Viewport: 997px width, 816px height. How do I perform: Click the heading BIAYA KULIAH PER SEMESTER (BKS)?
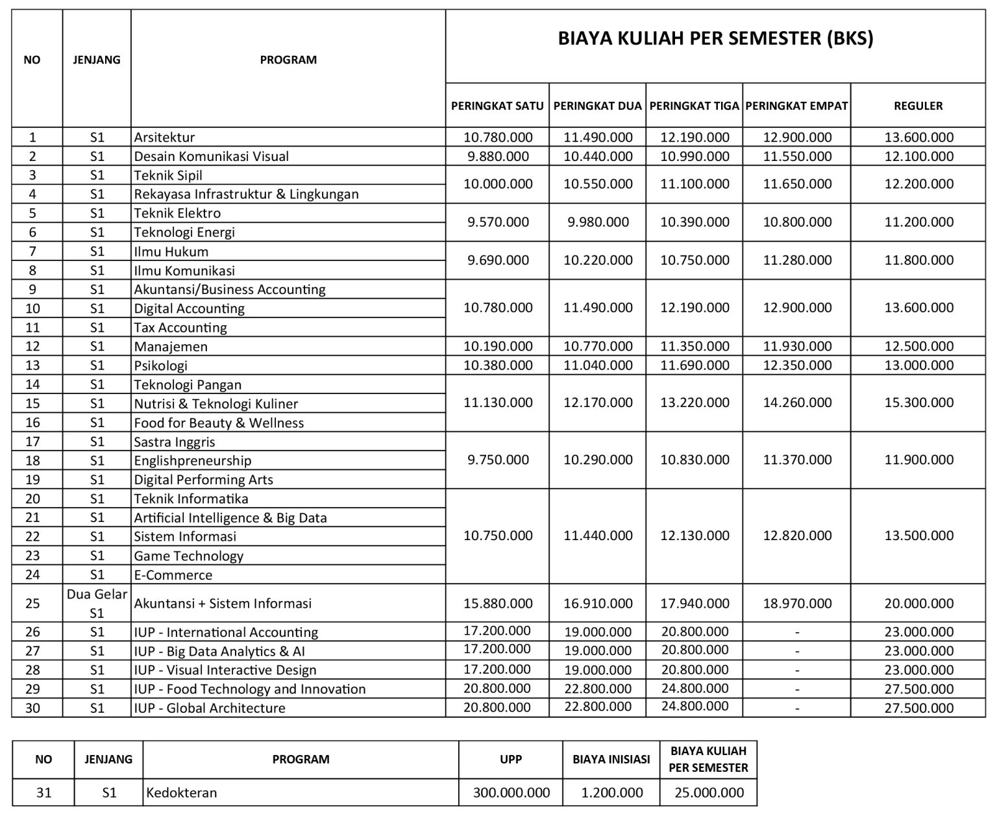coord(715,39)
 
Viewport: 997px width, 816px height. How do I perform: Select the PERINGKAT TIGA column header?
coord(694,106)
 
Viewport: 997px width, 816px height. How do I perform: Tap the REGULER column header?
coord(918,106)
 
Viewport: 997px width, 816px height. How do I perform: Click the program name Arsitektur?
coord(164,138)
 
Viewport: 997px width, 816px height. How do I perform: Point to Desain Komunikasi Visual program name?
coord(211,156)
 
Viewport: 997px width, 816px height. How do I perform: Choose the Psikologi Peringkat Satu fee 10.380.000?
coord(498,365)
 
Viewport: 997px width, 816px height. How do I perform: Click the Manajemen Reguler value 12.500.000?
coord(918,347)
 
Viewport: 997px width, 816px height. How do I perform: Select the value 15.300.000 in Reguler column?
coord(918,402)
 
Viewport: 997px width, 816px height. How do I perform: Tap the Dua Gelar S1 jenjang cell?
coord(97,603)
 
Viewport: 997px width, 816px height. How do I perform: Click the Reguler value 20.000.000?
coord(918,604)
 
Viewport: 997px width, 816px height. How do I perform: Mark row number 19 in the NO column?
coord(32,480)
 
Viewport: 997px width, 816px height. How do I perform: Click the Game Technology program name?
coord(188,556)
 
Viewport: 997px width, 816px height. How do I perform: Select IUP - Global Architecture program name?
coord(209,708)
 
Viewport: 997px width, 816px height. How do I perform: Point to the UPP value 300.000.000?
coord(511,793)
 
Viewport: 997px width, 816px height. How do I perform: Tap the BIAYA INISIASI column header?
coord(611,760)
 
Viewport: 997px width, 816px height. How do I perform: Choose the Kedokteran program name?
coord(181,793)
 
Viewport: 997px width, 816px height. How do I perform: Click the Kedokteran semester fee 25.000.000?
coord(708,793)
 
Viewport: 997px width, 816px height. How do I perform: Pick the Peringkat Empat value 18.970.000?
coord(797,604)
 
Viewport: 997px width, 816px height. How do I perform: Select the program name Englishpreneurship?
coord(192,461)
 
